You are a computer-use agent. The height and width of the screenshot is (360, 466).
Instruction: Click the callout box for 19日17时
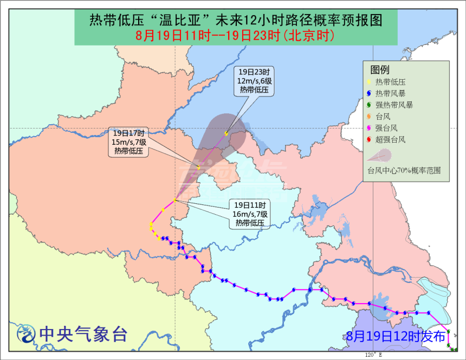tap(128, 142)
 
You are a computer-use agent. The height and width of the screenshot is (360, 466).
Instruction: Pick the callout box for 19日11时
tap(248, 214)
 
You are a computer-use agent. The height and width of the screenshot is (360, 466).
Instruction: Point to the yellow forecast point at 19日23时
tap(226, 132)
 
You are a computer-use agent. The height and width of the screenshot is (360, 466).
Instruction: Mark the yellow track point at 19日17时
tap(199, 167)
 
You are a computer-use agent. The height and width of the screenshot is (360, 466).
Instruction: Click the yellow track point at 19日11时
tap(175, 201)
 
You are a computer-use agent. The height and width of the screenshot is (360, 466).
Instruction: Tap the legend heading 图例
tap(379, 70)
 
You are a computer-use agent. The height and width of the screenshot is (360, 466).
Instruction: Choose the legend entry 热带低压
tap(390, 81)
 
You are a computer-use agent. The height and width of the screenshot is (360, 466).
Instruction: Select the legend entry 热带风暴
tap(390, 93)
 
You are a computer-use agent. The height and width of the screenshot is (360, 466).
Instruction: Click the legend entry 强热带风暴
tap(393, 105)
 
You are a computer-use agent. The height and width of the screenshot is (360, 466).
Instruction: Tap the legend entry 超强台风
tap(390, 139)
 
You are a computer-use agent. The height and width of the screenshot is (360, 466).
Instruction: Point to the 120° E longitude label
tap(373, 355)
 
